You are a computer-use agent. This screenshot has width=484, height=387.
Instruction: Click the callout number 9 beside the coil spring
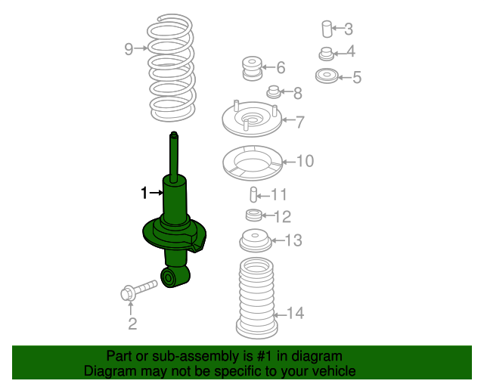tap(129, 50)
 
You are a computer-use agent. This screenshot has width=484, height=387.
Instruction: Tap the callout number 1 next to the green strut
tap(144, 193)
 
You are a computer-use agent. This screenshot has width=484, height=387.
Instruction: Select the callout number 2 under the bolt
tap(132, 325)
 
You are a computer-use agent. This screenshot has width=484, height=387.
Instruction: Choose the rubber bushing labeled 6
tap(250, 68)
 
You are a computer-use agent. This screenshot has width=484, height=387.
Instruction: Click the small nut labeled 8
tap(274, 93)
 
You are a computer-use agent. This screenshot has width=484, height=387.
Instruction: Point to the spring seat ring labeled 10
tap(253, 163)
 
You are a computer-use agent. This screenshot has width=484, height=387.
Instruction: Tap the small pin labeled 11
tap(256, 195)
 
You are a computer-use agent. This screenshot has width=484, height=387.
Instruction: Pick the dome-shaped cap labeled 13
tap(255, 242)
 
